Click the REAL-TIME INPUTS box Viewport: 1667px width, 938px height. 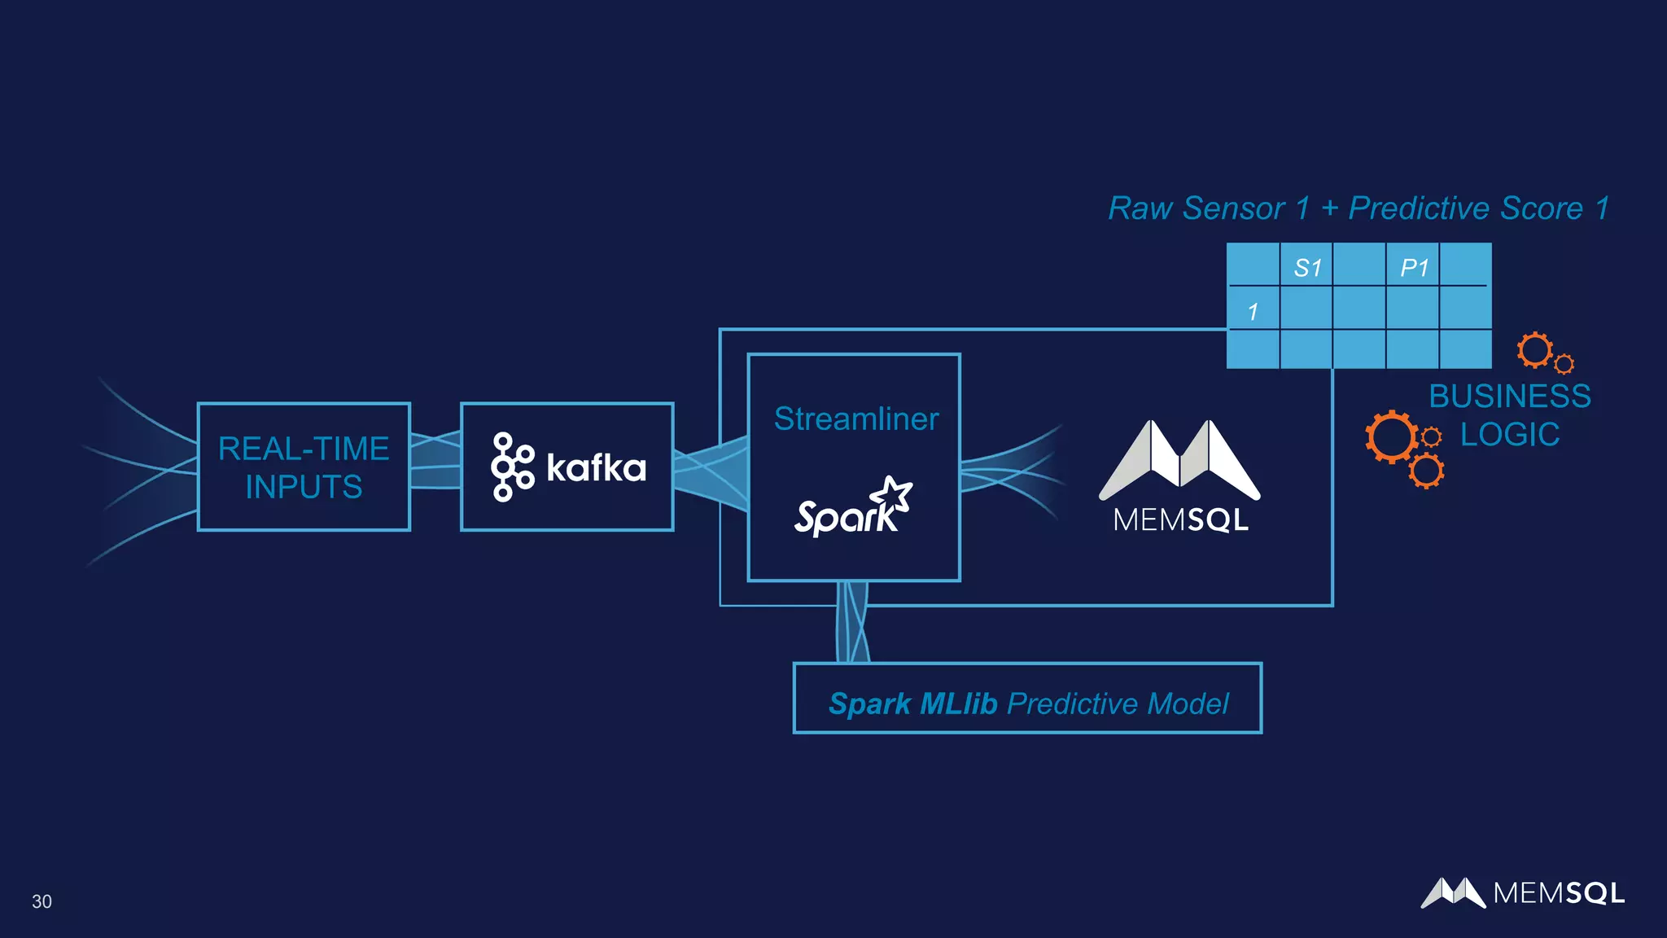pos(304,467)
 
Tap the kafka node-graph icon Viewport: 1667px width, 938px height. pos(511,467)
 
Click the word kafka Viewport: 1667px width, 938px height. pos(596,467)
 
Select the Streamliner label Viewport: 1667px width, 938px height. pos(855,419)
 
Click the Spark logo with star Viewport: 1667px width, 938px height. pos(853,507)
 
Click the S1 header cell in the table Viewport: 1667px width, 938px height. pos(1307,267)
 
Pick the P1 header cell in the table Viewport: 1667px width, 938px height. pos(1414,267)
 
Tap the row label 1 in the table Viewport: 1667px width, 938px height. pos(1253,311)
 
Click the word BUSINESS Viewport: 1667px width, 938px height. pos(1510,397)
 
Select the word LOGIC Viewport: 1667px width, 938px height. pos(1510,435)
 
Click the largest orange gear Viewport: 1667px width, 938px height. pos(1391,436)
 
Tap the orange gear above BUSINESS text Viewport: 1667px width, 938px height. pos(1535,350)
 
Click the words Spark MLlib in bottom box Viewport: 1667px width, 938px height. pos(912,703)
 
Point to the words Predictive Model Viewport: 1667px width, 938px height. pos(1118,703)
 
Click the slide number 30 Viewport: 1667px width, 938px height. pos(42,901)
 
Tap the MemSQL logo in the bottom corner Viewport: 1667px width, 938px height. pos(1522,893)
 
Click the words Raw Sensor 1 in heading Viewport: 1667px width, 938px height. pos(1209,208)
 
